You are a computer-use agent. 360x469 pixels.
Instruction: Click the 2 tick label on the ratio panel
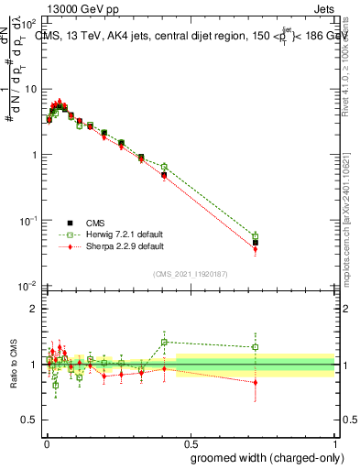click(x=35, y=309)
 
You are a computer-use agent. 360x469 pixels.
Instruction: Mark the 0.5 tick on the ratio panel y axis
click(x=31, y=420)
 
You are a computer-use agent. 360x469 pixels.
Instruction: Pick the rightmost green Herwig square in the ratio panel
click(x=256, y=347)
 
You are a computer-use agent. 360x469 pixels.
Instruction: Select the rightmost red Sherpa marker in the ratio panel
click(x=256, y=382)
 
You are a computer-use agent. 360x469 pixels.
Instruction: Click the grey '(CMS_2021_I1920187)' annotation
click(x=191, y=272)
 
